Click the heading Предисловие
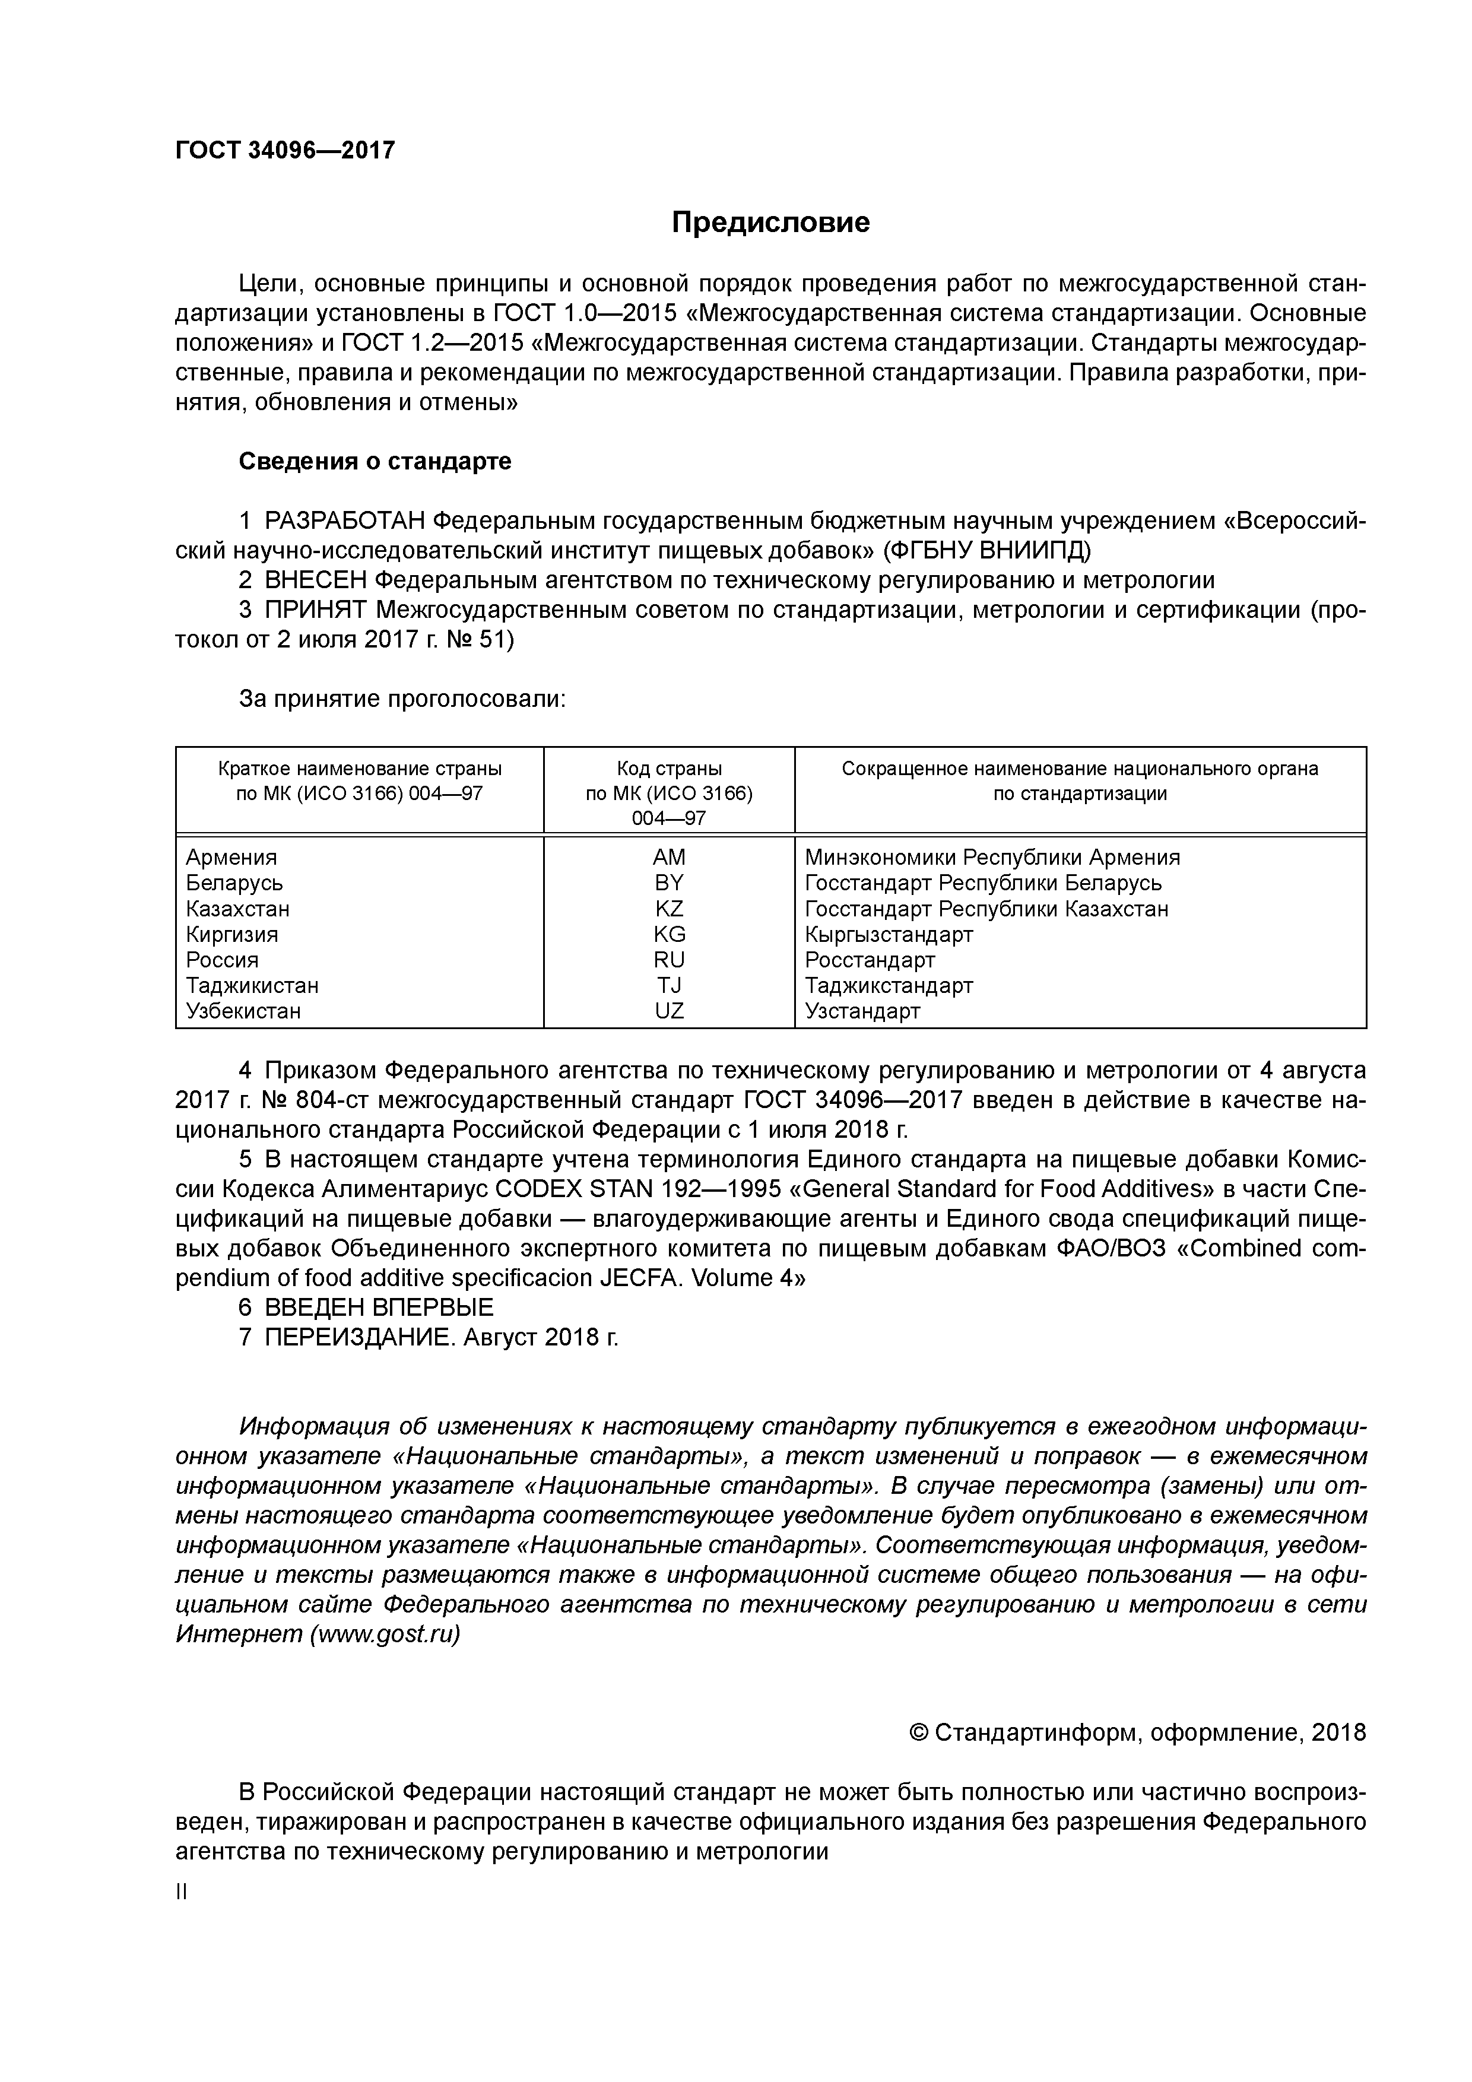coord(770,222)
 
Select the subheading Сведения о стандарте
coord(375,462)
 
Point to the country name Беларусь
coord(234,883)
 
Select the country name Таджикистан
coord(252,986)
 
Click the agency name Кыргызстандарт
coord(888,935)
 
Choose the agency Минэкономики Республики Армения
coord(992,858)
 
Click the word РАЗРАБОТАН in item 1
coord(345,522)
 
